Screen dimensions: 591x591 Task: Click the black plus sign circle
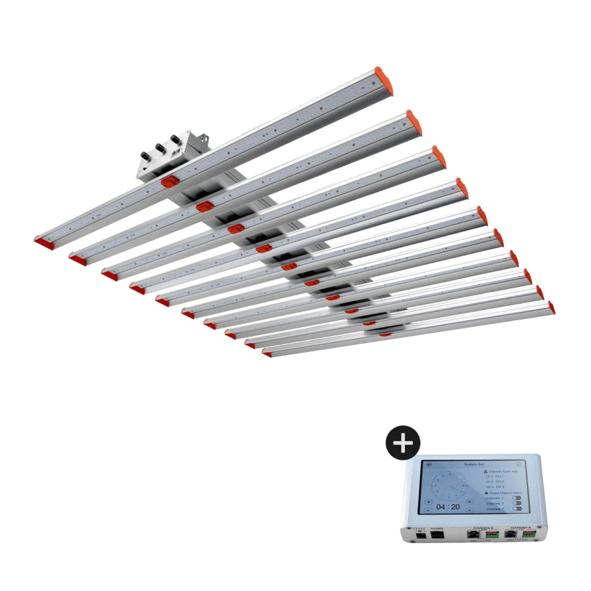pos(403,443)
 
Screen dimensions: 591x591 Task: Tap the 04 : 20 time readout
pos(448,507)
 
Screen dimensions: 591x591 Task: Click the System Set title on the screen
pos(474,464)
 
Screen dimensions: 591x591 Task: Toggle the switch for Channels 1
pos(517,498)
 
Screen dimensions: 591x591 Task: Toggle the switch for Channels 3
pos(517,509)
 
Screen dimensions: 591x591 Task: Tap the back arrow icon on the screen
pos(429,465)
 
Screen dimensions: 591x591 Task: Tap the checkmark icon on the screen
pos(518,464)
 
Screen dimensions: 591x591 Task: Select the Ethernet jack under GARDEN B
pos(511,534)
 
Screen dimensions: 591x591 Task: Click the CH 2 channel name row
pos(495,482)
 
